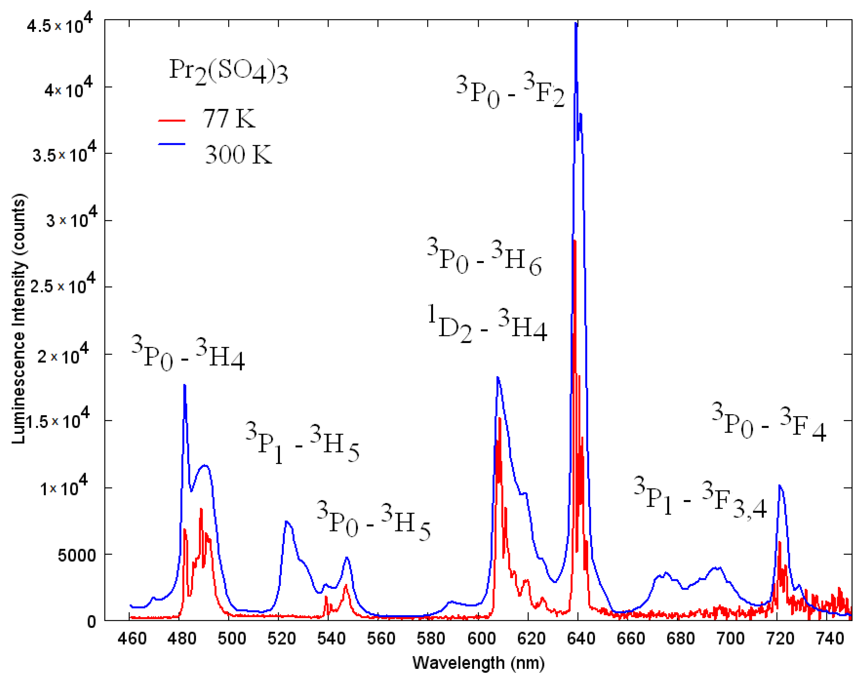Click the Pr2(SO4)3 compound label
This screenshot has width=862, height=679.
(228, 71)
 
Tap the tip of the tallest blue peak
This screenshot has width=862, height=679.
(576, 24)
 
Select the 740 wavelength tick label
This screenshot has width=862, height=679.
(827, 639)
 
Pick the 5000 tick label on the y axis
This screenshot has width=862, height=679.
(77, 555)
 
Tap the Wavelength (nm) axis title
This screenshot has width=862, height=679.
(478, 663)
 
